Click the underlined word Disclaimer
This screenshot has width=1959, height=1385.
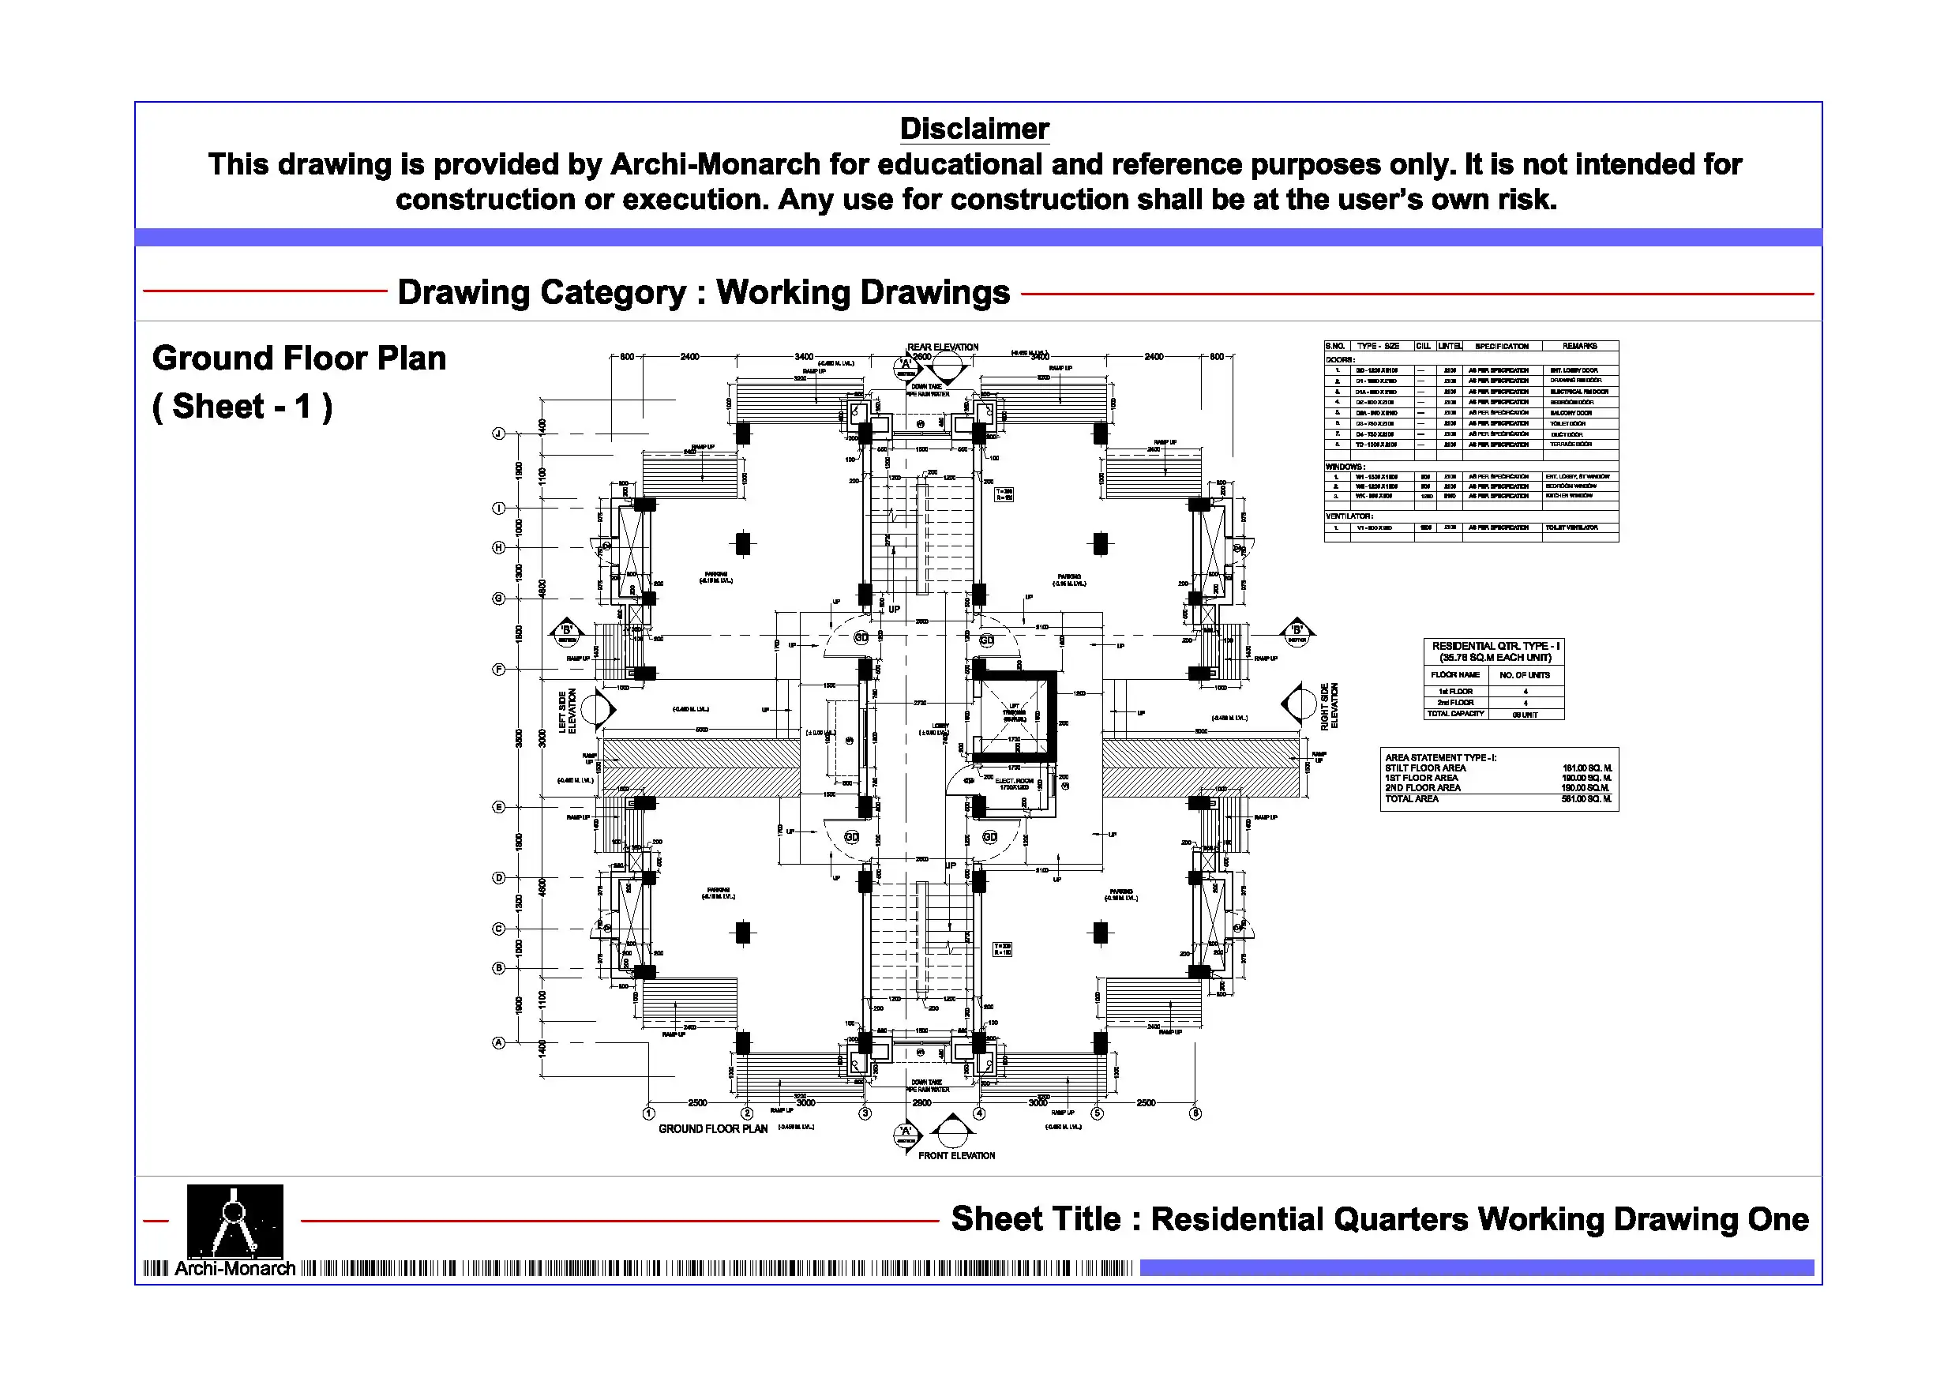tap(974, 129)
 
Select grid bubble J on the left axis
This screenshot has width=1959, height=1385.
tap(499, 434)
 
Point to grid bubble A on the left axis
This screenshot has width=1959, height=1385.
tap(499, 1043)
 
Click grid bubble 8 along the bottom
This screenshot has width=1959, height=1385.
tap(1195, 1113)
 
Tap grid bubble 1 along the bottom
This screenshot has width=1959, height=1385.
tap(648, 1113)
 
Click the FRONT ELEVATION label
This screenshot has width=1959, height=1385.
tap(956, 1155)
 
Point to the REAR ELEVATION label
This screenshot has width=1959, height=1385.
tap(942, 347)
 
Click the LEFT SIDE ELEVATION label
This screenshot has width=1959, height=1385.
tap(568, 711)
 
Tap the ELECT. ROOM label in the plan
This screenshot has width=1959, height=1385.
tap(1015, 781)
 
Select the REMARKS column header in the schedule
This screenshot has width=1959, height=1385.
tap(1579, 347)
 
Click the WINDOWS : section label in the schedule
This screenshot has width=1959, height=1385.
tap(1345, 467)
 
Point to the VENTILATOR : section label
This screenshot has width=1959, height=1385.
tap(1349, 516)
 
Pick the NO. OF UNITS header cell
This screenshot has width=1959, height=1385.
tap(1525, 675)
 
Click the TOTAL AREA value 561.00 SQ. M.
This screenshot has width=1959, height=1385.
tap(1586, 799)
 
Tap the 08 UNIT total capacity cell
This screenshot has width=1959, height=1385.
tap(1525, 715)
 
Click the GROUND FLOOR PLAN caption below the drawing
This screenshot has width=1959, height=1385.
tap(712, 1129)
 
